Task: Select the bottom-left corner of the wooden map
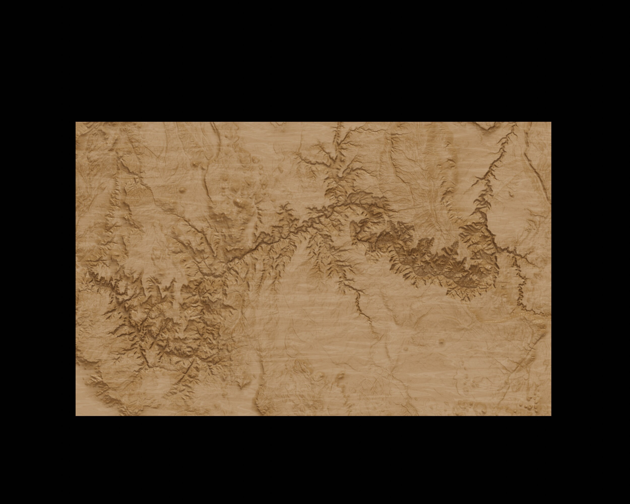tap(76, 416)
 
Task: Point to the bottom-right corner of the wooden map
tap(551, 416)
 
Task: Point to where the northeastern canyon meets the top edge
tap(515, 123)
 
